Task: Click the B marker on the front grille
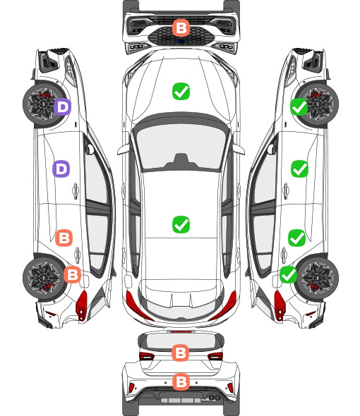pos(181,27)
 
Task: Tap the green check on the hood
pos(181,91)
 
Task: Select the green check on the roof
pos(181,224)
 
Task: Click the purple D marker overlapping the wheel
pos(63,107)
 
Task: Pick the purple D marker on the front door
pos(61,169)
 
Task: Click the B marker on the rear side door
pos(64,238)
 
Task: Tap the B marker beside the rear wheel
pos(72,274)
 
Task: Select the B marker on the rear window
pos(181,353)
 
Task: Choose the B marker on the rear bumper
pos(181,382)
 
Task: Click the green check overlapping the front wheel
pos(299,107)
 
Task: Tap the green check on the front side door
pos(300,169)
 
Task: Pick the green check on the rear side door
pos(297,238)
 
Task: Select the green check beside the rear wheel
pos(289,274)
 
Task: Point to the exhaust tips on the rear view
pos(213,397)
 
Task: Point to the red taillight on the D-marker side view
pos(82,305)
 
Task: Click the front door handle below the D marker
pos(76,190)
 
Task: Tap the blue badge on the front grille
pos(181,42)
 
